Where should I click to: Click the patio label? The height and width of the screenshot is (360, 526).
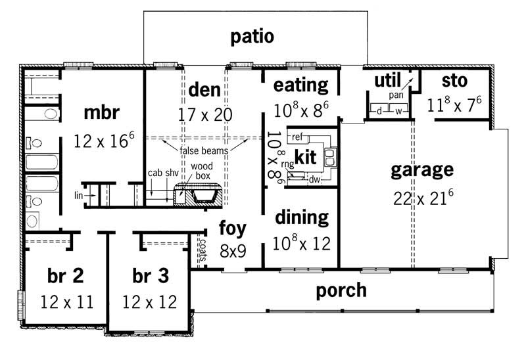pos(252,36)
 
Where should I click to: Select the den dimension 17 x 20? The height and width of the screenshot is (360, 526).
pos(204,114)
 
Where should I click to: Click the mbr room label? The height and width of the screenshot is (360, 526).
pos(101,112)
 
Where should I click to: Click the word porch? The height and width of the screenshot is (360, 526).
pos(341,290)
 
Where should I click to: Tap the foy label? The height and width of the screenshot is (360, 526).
pos(232,229)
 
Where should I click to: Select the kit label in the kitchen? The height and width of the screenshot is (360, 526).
pos(305,157)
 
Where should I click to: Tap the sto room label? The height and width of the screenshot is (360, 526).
pos(454,81)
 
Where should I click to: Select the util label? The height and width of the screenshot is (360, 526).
pos(388,81)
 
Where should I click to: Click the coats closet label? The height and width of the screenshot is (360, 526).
pos(203,249)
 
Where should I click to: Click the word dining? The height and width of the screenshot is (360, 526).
pos(302,217)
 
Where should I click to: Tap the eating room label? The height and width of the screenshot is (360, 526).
pos(300,85)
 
